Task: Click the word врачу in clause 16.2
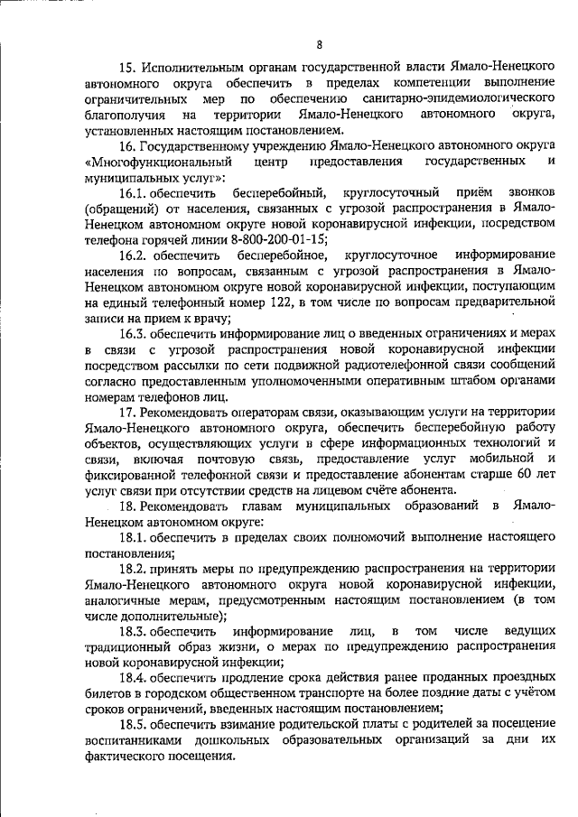209,317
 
